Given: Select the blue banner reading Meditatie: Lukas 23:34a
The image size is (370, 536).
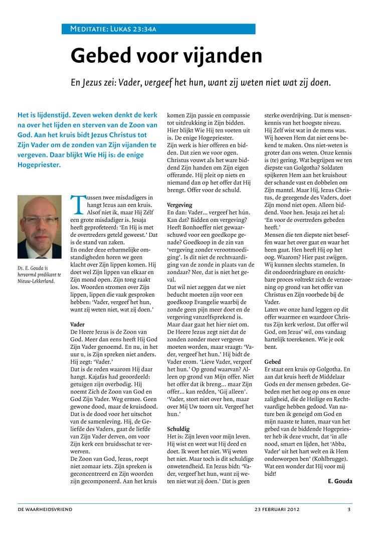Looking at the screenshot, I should click(158, 29).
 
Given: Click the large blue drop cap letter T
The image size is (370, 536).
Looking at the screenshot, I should click(77, 205).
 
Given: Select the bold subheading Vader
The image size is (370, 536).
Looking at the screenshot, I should click(78, 325).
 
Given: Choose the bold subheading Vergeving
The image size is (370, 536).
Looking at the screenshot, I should click(179, 205).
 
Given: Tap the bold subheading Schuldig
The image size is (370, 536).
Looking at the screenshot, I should click(178, 429).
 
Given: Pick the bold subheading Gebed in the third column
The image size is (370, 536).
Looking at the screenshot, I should click(273, 361).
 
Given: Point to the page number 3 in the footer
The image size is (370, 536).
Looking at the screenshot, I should click(349, 509).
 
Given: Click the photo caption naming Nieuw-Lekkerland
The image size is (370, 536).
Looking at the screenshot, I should click(39, 280).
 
